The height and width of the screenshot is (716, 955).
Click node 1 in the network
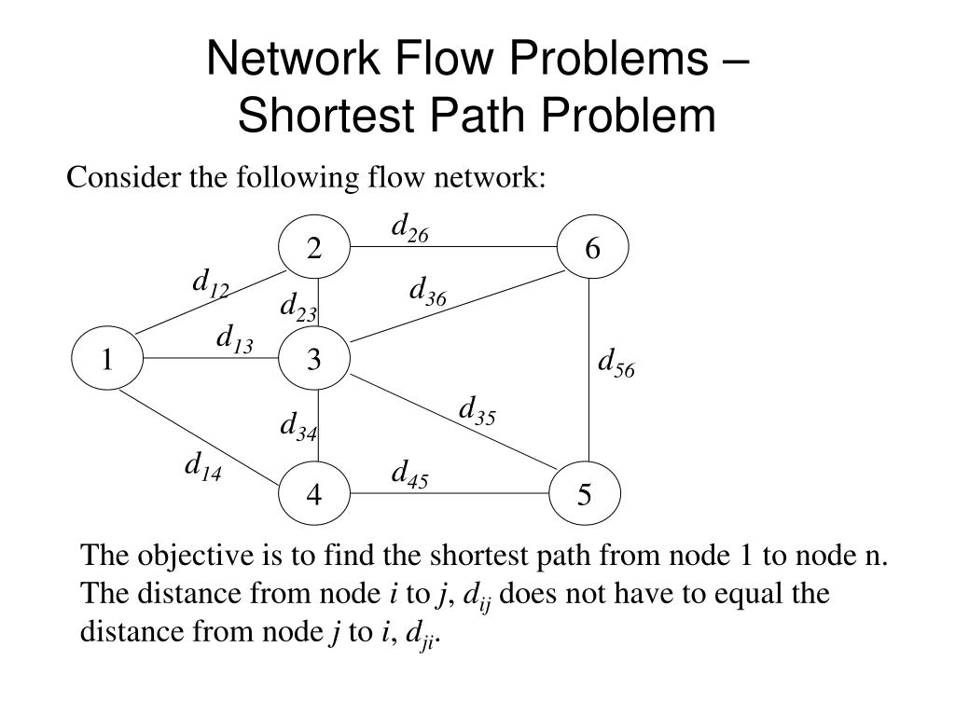pos(107,359)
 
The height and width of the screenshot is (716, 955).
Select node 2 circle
pos(314,248)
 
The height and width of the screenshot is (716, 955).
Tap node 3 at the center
pos(314,359)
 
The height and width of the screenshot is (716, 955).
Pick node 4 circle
pos(314,494)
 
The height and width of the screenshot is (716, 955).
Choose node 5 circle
pos(585,494)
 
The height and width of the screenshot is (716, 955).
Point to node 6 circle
pos(593,248)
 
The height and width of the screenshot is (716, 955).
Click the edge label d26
pos(409,227)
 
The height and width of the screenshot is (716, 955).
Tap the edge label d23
pos(298,308)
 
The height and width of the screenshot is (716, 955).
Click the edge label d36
pos(428,292)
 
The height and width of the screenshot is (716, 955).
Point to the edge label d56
pos(616,363)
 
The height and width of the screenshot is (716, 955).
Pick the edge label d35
pos(477,410)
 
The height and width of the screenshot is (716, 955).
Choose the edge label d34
pos(298,426)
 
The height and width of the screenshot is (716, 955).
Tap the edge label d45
pos(409,475)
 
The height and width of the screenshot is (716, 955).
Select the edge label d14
pos(202,466)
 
